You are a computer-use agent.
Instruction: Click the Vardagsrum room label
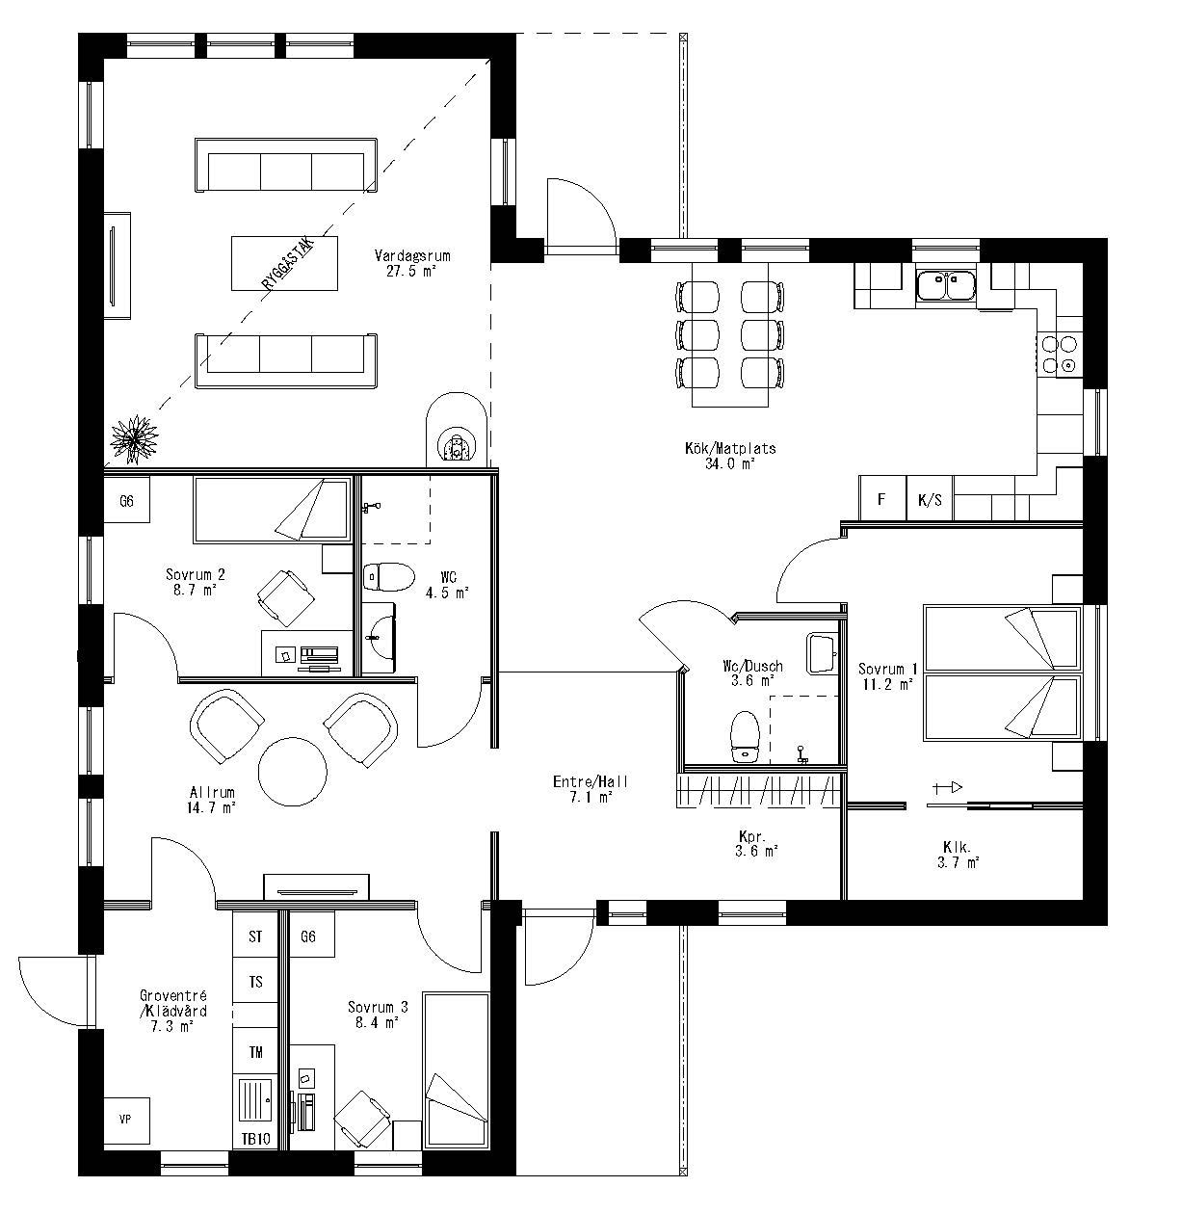tap(412, 256)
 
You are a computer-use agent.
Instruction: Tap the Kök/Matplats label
tap(730, 448)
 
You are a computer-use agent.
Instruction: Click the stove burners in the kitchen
tap(1058, 354)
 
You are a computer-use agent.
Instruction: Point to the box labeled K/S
tap(931, 500)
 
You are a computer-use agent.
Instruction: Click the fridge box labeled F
tap(881, 500)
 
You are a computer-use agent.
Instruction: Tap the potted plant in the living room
tap(133, 439)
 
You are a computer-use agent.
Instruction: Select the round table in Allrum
tap(293, 771)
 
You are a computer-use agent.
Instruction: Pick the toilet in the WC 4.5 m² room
tap(387, 576)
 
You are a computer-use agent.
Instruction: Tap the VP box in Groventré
tap(125, 1120)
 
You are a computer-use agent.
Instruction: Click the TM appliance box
tap(256, 1053)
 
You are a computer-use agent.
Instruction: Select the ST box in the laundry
tap(255, 936)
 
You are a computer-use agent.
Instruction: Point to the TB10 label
tap(255, 1138)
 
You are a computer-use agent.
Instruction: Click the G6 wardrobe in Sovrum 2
tap(126, 501)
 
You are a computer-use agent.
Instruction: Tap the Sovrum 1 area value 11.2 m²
tap(887, 685)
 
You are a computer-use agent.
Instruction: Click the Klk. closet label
tap(958, 848)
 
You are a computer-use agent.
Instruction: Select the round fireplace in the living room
tap(456, 432)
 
